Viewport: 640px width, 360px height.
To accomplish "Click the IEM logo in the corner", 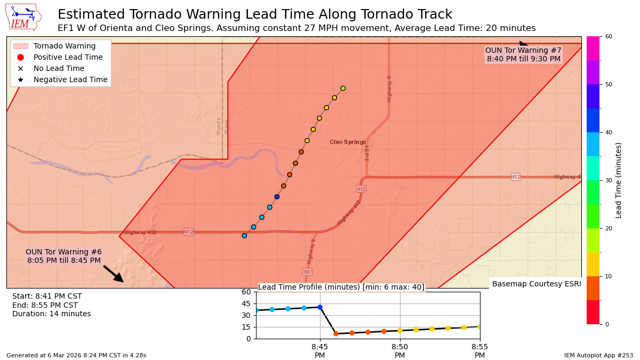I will (23, 17).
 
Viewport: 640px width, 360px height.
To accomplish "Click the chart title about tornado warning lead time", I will (255, 14).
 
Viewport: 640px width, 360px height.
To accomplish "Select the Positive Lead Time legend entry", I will (68, 57).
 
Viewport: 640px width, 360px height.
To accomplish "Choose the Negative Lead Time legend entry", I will (70, 79).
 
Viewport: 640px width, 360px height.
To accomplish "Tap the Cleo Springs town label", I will (348, 142).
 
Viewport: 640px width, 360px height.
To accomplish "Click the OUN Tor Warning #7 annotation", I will (523, 54).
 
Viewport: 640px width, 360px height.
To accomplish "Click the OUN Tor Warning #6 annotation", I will (63, 256).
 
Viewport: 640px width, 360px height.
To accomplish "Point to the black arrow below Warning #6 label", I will (114, 274).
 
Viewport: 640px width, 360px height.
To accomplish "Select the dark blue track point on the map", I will (277, 197).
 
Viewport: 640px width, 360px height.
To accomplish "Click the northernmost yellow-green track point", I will (343, 89).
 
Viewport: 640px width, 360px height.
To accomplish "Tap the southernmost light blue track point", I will (244, 236).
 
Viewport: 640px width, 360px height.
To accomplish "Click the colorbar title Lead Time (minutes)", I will (619, 180).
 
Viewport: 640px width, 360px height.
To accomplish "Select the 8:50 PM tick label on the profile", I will (400, 350).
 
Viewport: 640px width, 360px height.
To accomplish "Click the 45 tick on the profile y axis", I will (246, 303).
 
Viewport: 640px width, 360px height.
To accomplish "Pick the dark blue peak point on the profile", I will (320, 307).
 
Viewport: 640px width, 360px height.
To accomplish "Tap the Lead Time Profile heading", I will (341, 287).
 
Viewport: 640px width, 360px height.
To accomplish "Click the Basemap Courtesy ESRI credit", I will (536, 284).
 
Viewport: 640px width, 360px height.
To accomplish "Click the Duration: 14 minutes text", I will (52, 314).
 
